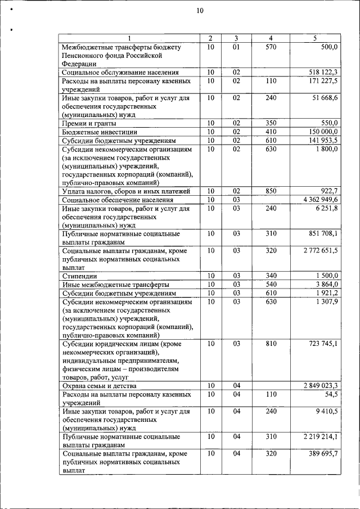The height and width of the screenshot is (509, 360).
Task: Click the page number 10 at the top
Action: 200,10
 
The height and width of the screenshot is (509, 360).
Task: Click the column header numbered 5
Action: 315,38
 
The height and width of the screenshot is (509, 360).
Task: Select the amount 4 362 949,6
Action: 320,200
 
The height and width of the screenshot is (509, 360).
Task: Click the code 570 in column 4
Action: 271,47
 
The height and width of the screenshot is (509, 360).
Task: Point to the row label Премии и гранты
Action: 89,123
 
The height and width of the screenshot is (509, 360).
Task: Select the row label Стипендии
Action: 79,276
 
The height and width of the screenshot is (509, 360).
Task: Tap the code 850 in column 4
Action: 271,191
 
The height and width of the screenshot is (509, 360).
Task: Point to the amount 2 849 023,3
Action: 320,386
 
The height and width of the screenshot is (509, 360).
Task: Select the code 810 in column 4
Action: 271,344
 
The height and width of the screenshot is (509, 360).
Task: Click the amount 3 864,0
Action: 327,285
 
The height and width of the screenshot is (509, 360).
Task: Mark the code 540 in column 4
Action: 271,285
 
